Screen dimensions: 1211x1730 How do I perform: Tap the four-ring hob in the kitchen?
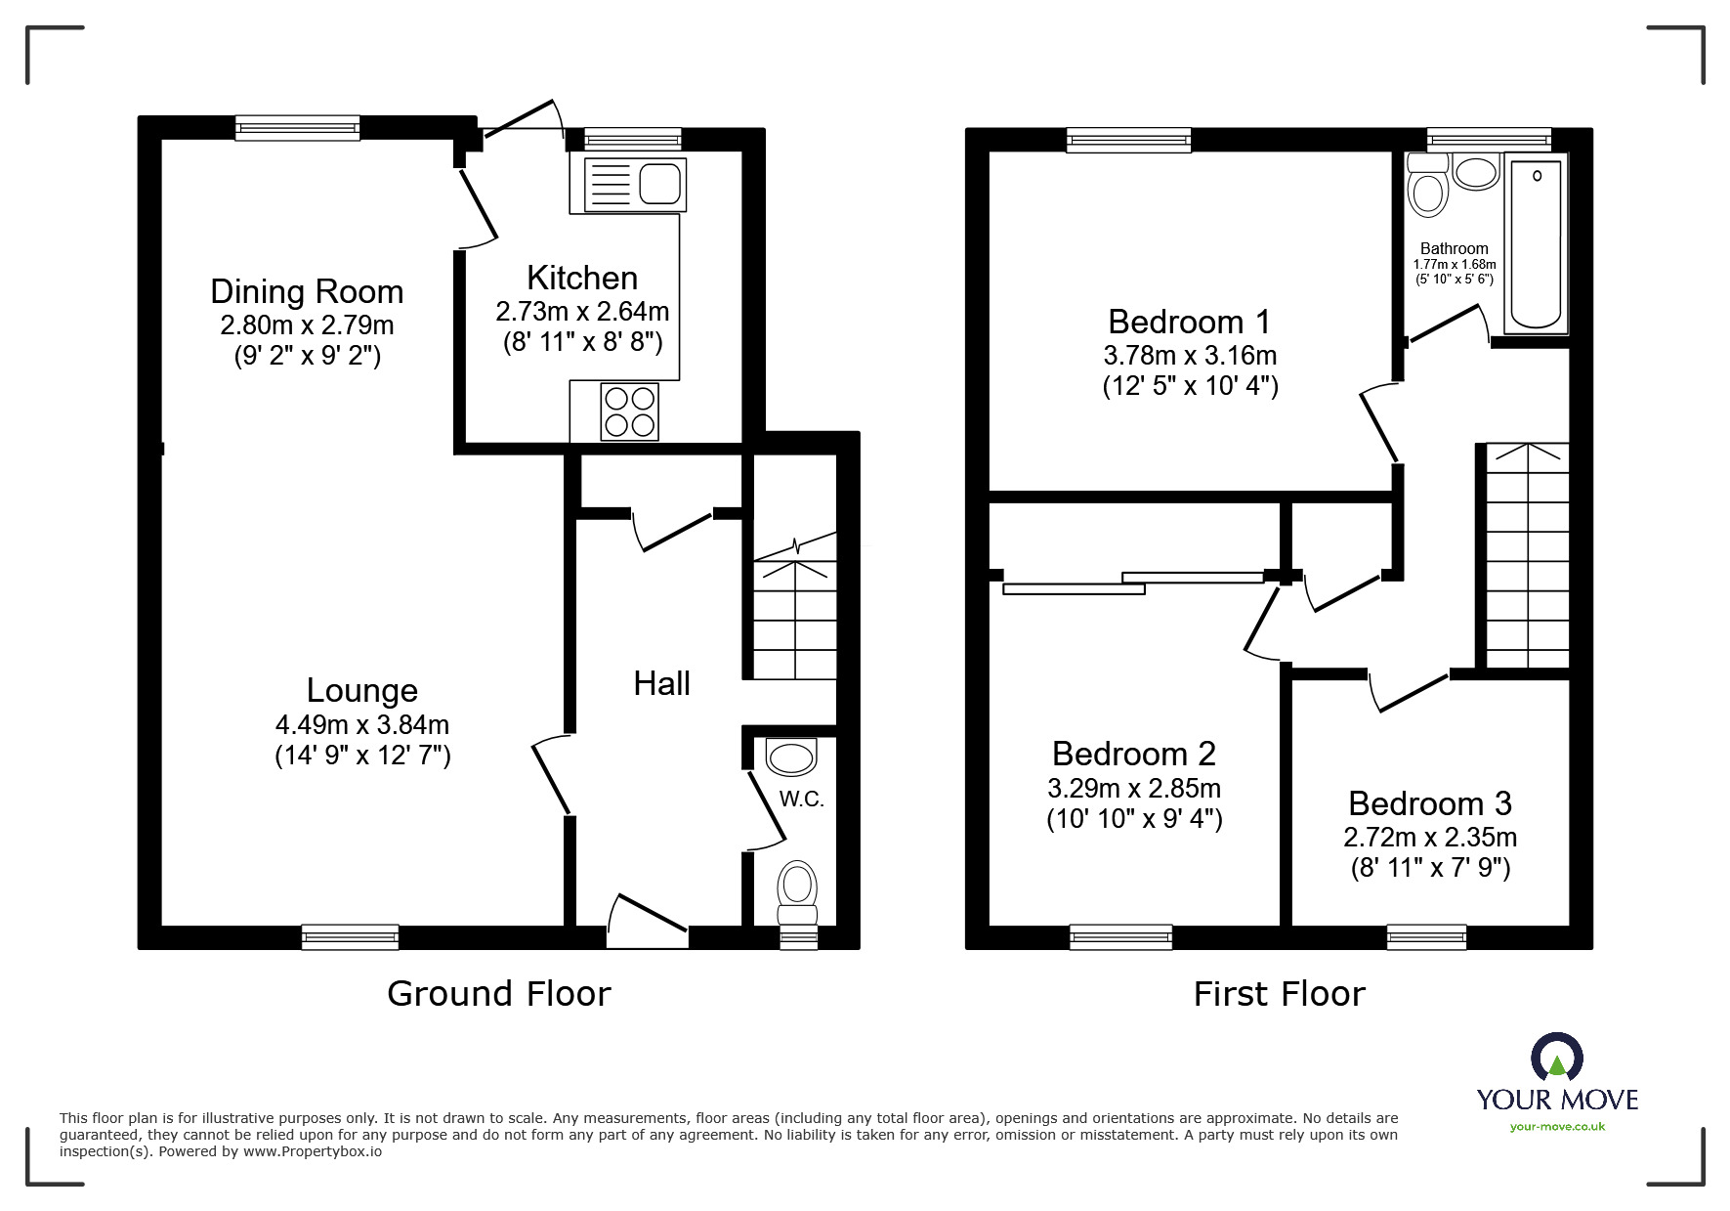coord(629,411)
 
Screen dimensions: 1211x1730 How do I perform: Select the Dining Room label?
coord(307,291)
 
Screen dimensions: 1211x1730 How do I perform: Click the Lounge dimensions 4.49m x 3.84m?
coord(361,724)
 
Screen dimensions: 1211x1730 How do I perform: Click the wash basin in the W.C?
coord(791,757)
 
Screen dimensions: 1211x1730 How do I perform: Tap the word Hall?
coord(661,683)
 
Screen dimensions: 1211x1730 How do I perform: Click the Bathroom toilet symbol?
coord(1427,189)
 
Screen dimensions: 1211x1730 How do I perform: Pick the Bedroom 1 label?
coord(1189,322)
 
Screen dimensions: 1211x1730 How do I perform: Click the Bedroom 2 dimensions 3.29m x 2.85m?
coord(1133,788)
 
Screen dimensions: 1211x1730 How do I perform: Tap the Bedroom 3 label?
coord(1429,803)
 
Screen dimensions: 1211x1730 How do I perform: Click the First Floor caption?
coord(1279,994)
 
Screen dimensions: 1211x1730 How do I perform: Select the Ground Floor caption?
coord(498,994)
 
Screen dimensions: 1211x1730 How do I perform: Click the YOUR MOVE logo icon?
coord(1556,1060)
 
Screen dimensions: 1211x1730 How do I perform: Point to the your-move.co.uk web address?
coord(1557,1127)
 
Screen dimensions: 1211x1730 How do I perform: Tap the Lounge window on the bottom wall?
coord(350,936)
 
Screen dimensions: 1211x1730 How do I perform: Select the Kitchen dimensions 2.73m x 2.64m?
coord(582,312)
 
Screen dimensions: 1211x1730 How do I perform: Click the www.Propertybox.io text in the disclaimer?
coord(313,1151)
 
